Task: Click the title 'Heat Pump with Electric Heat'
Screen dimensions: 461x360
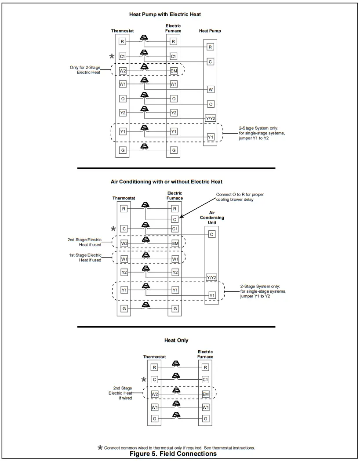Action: pyautogui.click(x=165, y=15)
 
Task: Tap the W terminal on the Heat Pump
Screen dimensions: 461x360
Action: pyautogui.click(x=211, y=90)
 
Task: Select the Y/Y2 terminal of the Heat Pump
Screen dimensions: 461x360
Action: pyautogui.click(x=211, y=119)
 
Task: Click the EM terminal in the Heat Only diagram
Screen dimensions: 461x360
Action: pyautogui.click(x=206, y=394)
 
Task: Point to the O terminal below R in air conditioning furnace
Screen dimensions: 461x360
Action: pyautogui.click(x=175, y=219)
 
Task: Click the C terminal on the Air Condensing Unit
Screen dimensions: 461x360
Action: pyautogui.click(x=212, y=235)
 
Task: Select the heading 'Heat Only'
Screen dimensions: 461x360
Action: pyautogui.click(x=176, y=341)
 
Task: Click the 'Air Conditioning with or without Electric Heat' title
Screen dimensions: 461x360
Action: pyautogui.click(x=166, y=181)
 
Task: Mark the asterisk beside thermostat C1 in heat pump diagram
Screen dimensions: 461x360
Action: pyautogui.click(x=112, y=56)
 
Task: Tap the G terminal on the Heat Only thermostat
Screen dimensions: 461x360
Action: pyautogui.click(x=154, y=419)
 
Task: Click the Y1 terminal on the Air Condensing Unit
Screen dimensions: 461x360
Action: pyautogui.click(x=212, y=295)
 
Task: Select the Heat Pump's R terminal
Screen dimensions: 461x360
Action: pyautogui.click(x=211, y=47)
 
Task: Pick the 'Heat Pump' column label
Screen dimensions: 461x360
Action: pyautogui.click(x=210, y=31)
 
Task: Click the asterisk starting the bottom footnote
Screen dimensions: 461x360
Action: pyautogui.click(x=100, y=447)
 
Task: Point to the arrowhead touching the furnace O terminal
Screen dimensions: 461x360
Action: pyautogui.click(x=182, y=216)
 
